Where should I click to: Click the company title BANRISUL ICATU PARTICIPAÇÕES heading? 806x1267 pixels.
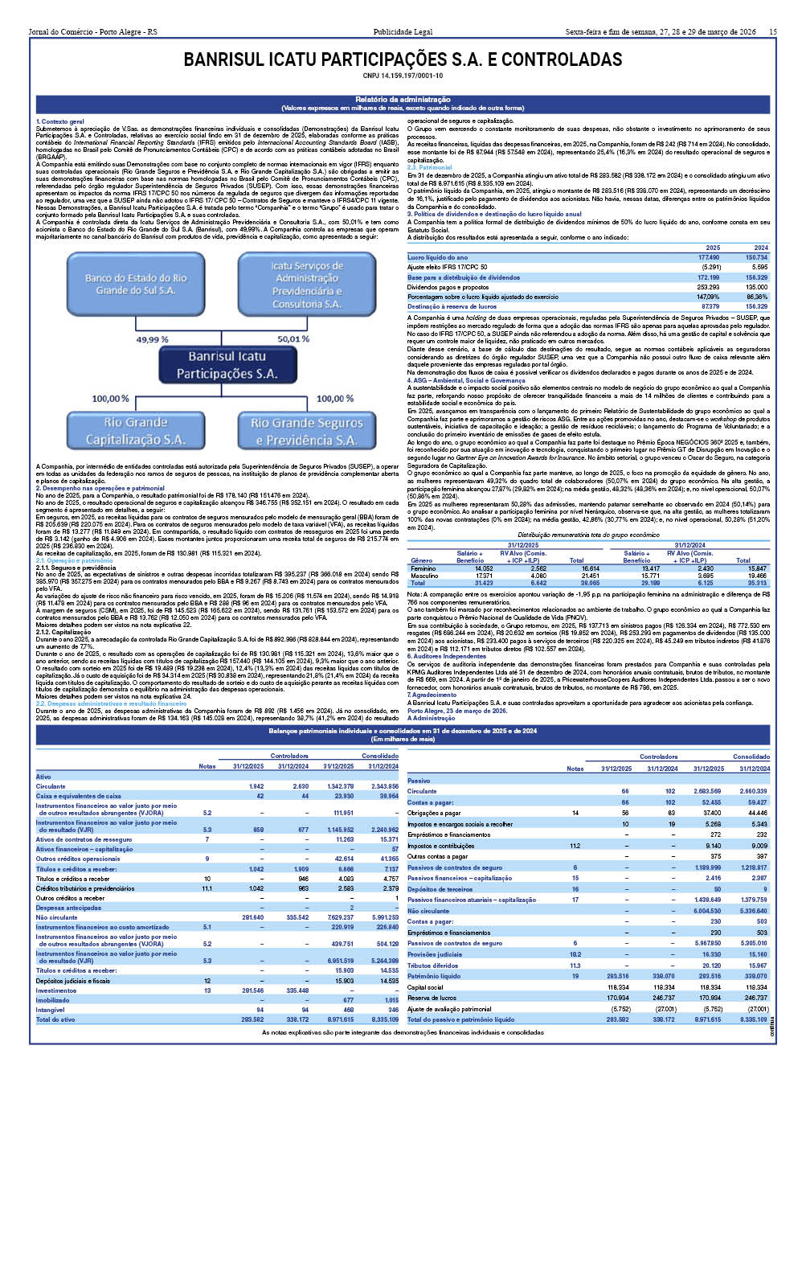coord(403,60)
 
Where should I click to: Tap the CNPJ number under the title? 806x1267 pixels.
coord(403,76)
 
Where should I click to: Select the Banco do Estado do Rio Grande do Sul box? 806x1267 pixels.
coord(135,284)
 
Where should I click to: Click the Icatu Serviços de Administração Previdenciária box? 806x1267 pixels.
coord(306,284)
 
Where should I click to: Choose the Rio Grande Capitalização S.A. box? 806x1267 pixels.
coord(135,431)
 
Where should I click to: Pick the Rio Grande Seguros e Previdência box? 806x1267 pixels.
coord(306,431)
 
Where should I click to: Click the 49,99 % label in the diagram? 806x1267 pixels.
coord(152,339)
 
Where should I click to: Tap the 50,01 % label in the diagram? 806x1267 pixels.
coord(293,339)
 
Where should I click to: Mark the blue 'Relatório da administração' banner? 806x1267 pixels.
coord(403,103)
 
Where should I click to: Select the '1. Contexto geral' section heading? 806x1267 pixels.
coord(60,121)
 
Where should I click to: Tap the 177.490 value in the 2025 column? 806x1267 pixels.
coord(708,258)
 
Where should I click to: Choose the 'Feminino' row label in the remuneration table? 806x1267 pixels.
coord(423,568)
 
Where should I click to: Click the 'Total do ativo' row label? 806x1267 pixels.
coord(55,1019)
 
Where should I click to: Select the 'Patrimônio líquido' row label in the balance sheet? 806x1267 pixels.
coord(434,976)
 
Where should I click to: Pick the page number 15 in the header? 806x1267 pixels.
coord(772,32)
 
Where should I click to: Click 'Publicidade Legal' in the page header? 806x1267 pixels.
coord(403,32)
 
